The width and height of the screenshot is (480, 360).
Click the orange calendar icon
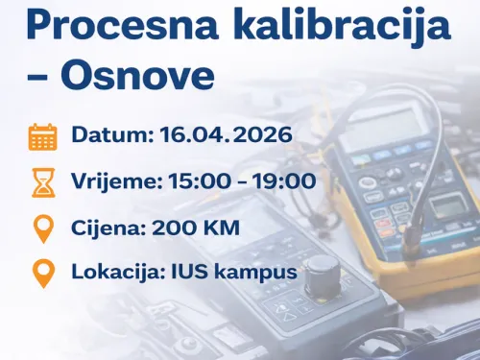42,136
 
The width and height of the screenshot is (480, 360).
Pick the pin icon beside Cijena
42,228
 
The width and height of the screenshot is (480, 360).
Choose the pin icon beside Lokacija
42,274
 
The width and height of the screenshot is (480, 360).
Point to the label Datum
109,136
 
